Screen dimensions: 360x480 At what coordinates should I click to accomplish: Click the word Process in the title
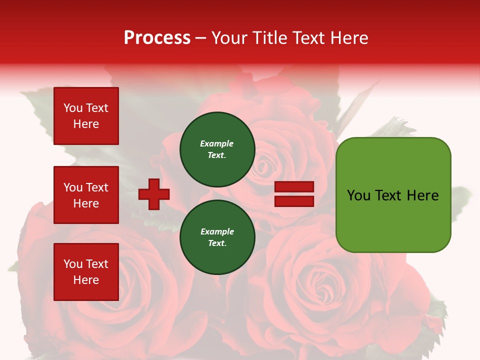157,38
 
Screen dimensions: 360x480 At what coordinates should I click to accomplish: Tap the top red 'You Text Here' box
86,116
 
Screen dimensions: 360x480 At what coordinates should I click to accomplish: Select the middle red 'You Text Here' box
86,195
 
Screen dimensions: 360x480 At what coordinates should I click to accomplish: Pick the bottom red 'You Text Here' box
86,272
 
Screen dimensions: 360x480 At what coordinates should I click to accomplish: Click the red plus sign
154,194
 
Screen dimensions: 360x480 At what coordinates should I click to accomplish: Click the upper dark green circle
217,149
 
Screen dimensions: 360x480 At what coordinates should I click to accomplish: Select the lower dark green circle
217,237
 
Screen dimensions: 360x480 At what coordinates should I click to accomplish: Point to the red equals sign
294,194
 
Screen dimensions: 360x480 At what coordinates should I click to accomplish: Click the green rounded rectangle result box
393,195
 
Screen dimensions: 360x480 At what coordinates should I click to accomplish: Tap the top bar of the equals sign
294,187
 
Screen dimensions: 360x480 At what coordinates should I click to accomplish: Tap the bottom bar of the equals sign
294,201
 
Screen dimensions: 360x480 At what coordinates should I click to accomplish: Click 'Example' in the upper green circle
217,143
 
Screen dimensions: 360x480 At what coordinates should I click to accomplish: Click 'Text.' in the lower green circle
217,243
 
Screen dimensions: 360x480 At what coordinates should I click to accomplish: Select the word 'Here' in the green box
422,195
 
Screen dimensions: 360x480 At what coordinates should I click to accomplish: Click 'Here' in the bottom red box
86,280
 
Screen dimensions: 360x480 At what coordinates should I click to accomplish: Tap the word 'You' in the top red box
73,108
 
